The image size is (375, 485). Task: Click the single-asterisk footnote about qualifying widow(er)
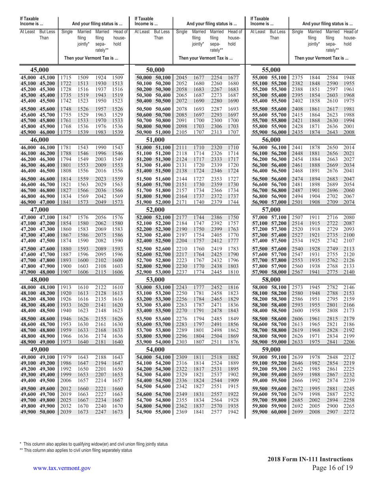[94, 444]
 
